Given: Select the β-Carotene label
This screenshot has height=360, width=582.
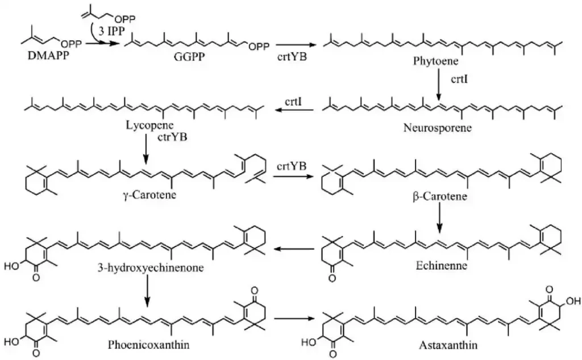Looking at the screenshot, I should coord(439,197).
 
